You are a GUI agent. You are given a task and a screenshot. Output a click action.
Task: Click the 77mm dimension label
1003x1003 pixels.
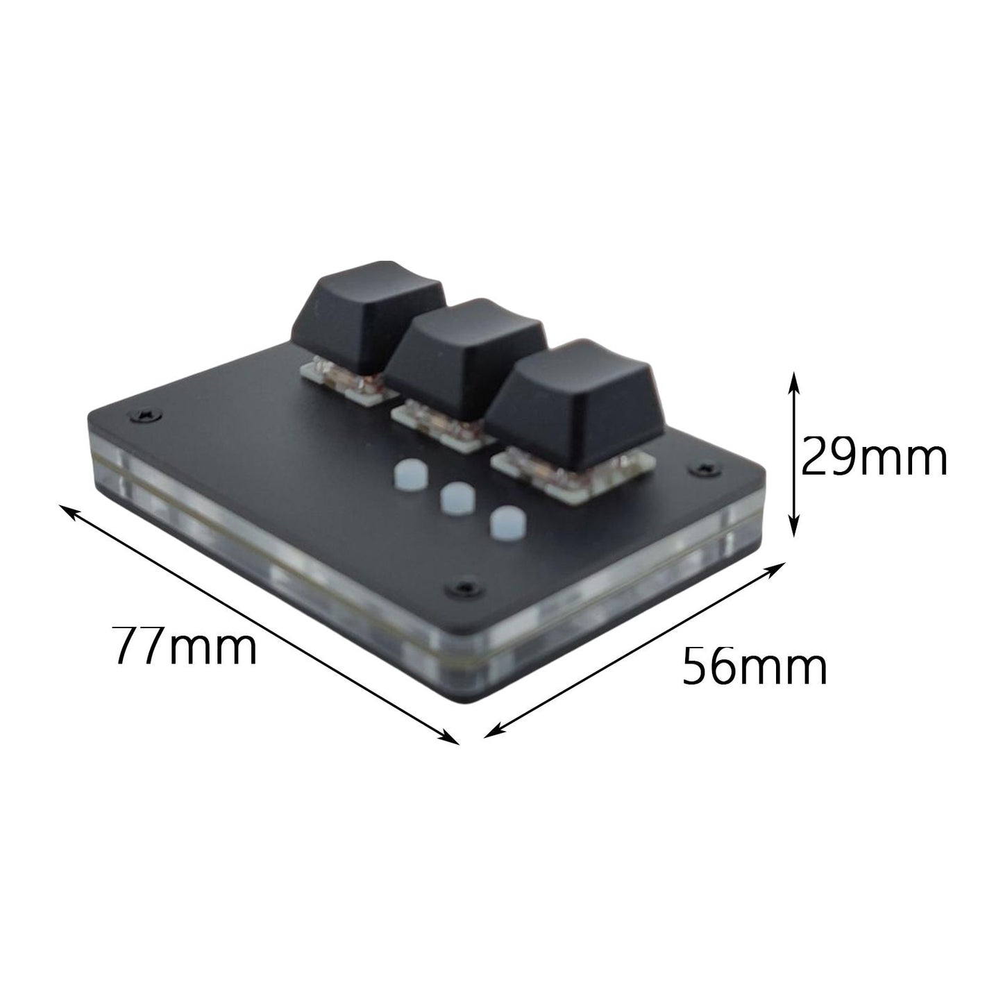(x=185, y=646)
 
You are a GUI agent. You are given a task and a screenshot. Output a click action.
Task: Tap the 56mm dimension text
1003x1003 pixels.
(x=755, y=666)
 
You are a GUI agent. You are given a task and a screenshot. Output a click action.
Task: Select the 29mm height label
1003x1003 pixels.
(x=874, y=458)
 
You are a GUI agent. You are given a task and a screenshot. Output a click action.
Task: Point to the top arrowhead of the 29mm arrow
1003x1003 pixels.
(x=794, y=379)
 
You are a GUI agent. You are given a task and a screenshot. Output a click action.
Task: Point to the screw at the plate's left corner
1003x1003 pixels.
(x=146, y=416)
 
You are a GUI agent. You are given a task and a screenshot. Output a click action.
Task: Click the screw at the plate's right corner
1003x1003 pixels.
(x=707, y=469)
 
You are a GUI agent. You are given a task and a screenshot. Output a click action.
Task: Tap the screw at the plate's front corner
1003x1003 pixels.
(x=463, y=588)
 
